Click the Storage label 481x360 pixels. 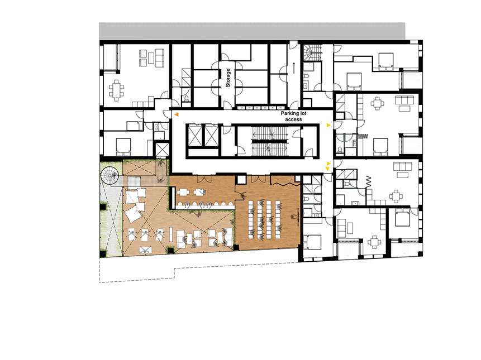228,78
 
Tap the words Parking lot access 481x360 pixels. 293,117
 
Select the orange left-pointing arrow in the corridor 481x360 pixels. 177,114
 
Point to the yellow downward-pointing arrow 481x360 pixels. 327,169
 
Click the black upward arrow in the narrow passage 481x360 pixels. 294,68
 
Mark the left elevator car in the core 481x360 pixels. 195,136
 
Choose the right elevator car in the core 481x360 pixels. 211,136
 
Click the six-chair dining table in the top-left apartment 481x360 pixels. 116,90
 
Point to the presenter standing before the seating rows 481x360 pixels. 295,217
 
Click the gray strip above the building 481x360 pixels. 252,31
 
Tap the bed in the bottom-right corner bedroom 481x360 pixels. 402,218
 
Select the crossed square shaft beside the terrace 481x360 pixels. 162,150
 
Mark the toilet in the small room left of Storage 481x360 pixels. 186,99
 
